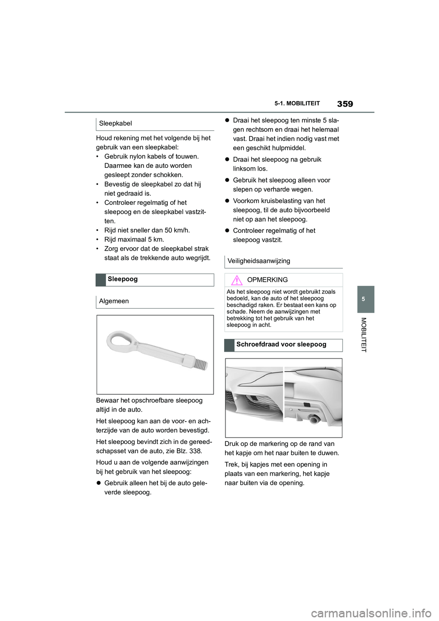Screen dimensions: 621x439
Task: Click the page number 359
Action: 345,104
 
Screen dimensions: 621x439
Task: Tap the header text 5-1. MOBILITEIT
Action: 297,104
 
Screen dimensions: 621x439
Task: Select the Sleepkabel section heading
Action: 115,123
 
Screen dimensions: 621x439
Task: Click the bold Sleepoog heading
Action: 123,279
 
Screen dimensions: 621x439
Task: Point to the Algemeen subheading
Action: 114,301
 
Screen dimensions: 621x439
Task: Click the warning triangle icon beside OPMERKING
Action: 236,280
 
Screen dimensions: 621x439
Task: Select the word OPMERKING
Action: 267,280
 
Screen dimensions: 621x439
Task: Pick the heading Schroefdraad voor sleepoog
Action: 281,344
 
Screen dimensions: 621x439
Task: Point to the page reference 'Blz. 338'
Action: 188,451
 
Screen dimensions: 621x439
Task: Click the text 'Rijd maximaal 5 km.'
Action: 134,240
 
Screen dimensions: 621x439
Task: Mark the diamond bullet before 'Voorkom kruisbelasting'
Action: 227,201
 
